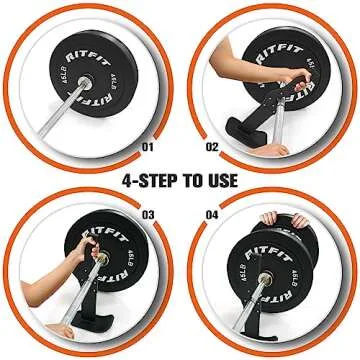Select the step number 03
(149, 214)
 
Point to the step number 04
(212, 214)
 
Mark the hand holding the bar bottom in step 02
(273, 148)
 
